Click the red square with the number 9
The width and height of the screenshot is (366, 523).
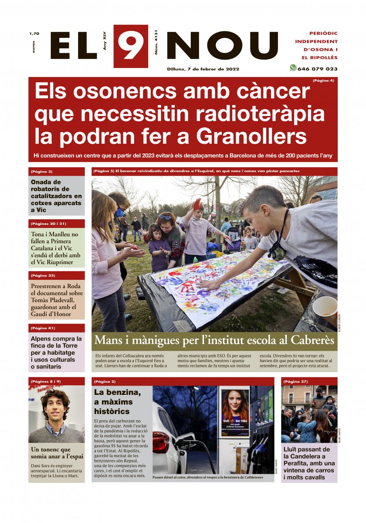(x=131, y=46)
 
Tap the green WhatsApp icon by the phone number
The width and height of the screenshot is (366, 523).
(x=293, y=68)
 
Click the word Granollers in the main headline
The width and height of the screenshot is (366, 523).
(x=251, y=137)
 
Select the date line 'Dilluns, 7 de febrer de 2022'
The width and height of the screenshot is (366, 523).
(x=203, y=69)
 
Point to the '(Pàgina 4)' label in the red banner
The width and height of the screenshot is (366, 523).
(x=323, y=81)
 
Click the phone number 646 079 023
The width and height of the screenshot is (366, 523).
(x=318, y=69)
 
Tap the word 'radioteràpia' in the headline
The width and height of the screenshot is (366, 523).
(x=260, y=114)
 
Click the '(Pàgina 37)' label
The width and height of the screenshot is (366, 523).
(x=295, y=382)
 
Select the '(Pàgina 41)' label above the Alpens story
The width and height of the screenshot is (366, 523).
(x=43, y=328)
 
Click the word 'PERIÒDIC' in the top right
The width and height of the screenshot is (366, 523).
(x=323, y=34)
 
